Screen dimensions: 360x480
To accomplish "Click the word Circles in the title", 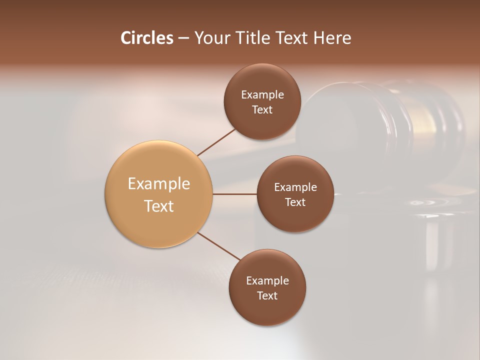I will pos(147,38).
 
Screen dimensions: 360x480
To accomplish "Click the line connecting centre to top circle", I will pos(216,142).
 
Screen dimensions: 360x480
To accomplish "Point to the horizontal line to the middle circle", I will pos(235,194).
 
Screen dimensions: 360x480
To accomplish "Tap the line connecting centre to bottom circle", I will pos(218,246).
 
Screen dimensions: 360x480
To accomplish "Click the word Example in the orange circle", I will pos(159,184).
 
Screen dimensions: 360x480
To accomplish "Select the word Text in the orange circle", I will pos(159,206).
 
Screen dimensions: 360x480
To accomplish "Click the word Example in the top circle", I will pos(262,94).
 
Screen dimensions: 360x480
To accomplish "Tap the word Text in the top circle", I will pos(262,109).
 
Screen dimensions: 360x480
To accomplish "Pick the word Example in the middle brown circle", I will pos(295,187).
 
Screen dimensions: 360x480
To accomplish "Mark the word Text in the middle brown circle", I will pos(295,202).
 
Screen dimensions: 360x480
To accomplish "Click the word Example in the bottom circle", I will pos(267,280).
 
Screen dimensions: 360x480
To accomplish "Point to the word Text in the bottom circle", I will pos(267,295).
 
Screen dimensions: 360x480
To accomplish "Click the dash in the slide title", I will pos(183,38).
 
